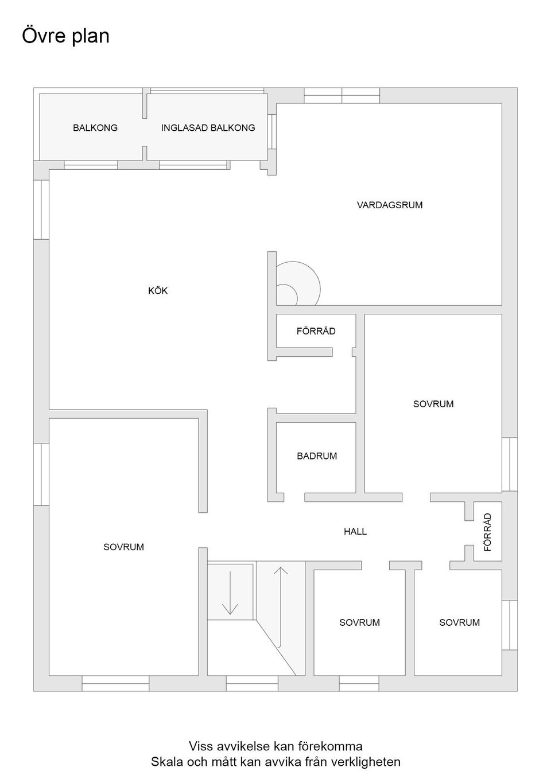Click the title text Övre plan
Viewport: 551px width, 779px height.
(x=65, y=36)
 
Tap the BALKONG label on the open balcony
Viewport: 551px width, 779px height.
(x=95, y=128)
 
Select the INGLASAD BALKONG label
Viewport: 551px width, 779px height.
(x=208, y=128)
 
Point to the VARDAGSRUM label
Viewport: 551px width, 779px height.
(x=390, y=205)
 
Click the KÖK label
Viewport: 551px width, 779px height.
(x=158, y=291)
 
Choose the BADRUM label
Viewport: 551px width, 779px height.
(x=317, y=456)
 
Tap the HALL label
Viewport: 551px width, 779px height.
(x=355, y=531)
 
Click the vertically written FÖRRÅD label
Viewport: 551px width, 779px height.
(x=488, y=532)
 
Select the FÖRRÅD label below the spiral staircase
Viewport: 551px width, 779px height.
(x=316, y=331)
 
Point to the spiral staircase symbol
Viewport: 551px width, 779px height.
(x=296, y=285)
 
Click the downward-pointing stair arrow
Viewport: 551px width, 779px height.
(x=230, y=593)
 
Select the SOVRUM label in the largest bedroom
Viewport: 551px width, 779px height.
(x=123, y=547)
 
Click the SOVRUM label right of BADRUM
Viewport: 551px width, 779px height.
(x=433, y=404)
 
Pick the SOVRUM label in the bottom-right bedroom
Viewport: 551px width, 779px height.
(x=459, y=622)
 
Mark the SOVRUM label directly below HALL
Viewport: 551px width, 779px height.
(x=359, y=622)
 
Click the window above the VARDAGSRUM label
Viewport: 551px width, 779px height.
(x=342, y=95)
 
